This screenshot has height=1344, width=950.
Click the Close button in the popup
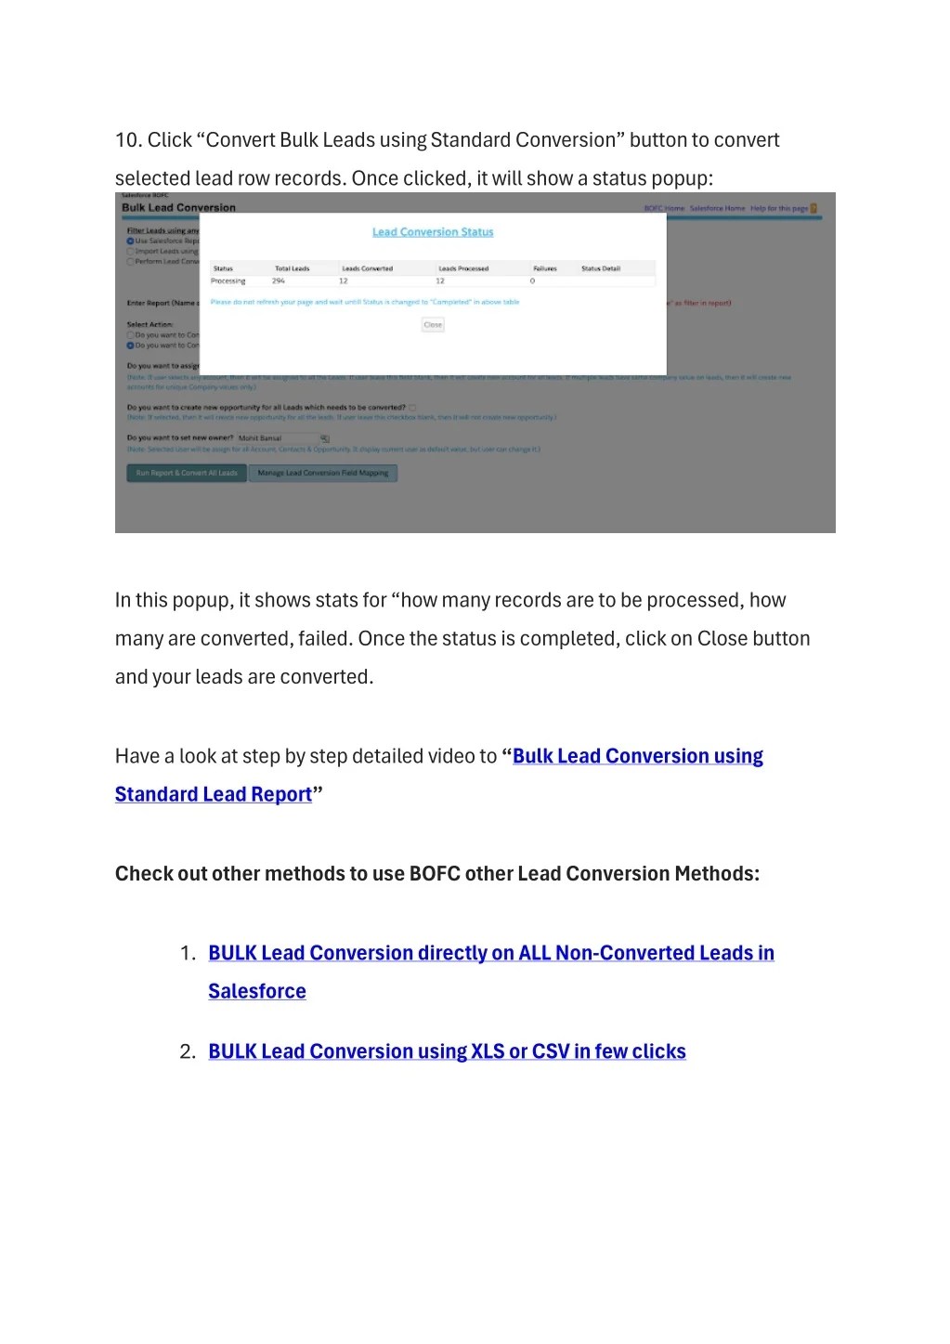tap(433, 325)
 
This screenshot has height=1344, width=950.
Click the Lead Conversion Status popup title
tap(433, 232)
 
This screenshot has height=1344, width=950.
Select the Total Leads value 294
tap(279, 281)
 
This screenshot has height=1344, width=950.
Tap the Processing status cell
tap(228, 281)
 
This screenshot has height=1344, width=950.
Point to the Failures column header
tap(545, 268)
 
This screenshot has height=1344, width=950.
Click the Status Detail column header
tap(601, 268)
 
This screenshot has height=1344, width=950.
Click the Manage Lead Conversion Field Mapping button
tap(323, 473)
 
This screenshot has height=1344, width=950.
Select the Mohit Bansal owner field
tap(276, 438)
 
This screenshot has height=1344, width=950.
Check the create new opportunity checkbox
tap(413, 408)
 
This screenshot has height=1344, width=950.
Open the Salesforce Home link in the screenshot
tap(717, 209)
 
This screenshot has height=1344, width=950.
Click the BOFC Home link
tap(664, 209)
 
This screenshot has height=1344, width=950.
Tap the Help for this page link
tap(779, 209)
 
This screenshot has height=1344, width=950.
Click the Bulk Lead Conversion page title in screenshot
tap(178, 208)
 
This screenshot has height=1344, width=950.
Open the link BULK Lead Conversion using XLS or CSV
tap(447, 1051)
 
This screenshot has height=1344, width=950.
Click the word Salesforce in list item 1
tap(257, 991)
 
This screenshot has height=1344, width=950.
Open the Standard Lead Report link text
tap(214, 794)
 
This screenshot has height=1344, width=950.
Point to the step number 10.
tap(127, 140)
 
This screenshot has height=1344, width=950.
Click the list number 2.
tap(187, 1051)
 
